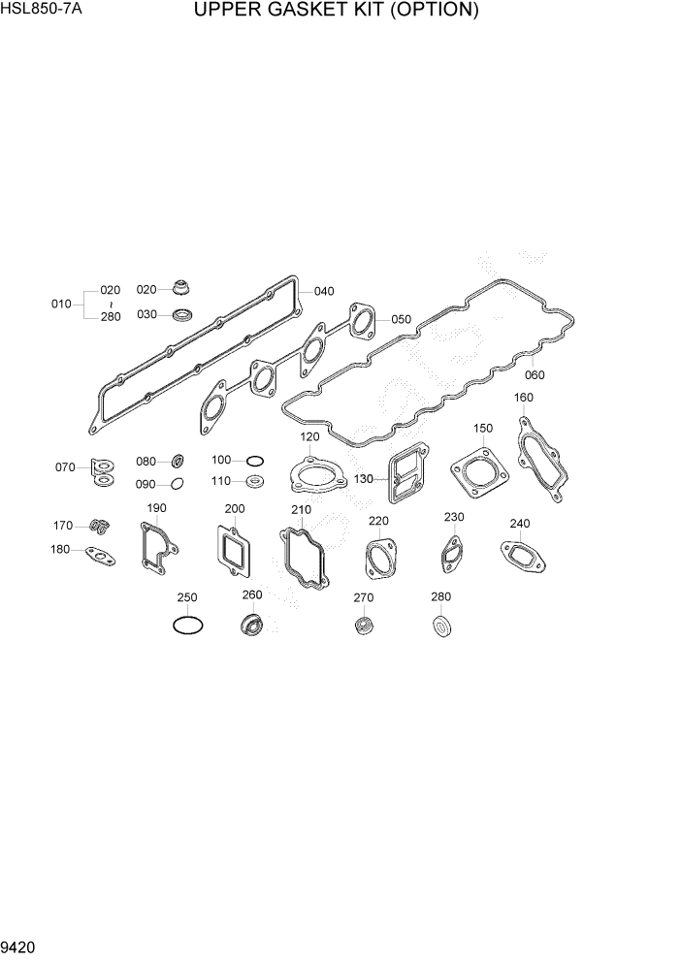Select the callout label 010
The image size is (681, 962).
(61, 304)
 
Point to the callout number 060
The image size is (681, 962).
(535, 374)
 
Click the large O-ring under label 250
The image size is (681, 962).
(187, 626)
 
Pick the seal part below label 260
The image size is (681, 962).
(252, 626)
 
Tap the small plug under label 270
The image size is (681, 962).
(364, 625)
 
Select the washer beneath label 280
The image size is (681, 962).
(441, 625)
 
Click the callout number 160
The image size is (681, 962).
(523, 397)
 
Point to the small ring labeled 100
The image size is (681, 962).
(253, 460)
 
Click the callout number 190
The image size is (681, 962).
(156, 508)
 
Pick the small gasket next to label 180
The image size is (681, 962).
(100, 556)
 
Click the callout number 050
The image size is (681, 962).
(402, 319)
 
